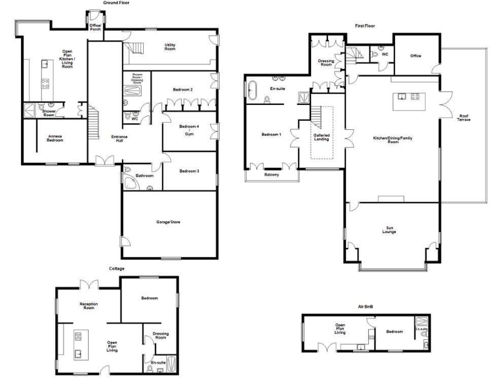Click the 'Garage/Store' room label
(168, 222)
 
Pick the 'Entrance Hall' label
(119, 138)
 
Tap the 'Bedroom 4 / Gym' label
(189, 129)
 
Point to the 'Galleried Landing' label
(322, 137)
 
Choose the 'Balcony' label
(272, 175)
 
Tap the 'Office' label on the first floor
(415, 56)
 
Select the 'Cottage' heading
(116, 268)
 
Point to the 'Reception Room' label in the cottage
(89, 306)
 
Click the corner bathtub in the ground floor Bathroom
(129, 180)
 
